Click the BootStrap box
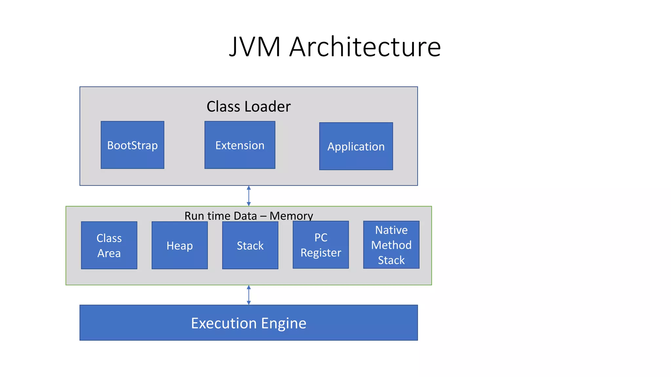pos(132,145)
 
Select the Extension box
pos(240,145)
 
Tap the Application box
pos(356,146)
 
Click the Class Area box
pos(109,245)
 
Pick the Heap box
pos(180,245)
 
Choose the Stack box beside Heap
pos(250,245)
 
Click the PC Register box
pos(321,245)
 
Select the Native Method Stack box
pos(391,245)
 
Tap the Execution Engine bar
pos(249,323)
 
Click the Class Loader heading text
pos(249,106)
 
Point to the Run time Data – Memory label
pos(249,216)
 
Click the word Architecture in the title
pos(365,46)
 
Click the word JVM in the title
pos(255,46)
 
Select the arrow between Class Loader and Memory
pos(249,196)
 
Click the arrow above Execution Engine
pos(249,295)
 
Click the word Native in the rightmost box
pos(391,230)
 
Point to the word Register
pos(321,253)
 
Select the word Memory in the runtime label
pos(291,216)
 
